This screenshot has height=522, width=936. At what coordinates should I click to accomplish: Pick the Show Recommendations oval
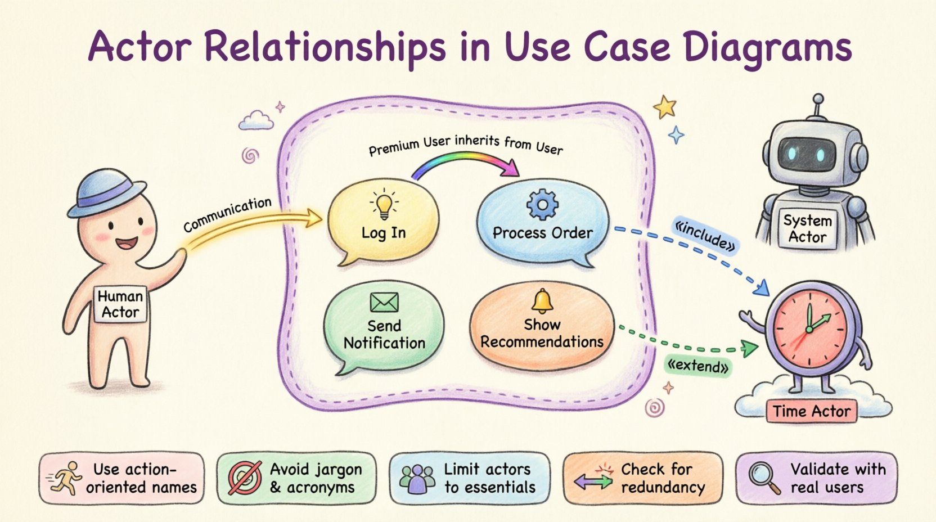pos(542,328)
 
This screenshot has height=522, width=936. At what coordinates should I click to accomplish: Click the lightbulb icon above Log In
pos(384,205)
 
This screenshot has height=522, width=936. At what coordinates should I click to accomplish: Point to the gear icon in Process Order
pos(542,205)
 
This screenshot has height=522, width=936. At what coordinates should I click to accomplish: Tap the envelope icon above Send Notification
pos(384,302)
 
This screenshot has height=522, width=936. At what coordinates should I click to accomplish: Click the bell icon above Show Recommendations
pos(542,302)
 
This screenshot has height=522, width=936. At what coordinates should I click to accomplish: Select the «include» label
pos(705,236)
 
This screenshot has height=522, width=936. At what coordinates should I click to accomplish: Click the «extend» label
pos(697,367)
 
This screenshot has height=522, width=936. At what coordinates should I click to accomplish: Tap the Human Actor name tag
pos(120,304)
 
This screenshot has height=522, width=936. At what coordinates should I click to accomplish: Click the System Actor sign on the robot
pos(808,229)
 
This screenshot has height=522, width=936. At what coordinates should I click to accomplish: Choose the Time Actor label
pos(811,412)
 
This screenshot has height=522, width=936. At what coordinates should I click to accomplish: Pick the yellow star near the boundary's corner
pos(665,107)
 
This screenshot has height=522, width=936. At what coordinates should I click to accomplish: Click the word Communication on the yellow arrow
pos(227,214)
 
